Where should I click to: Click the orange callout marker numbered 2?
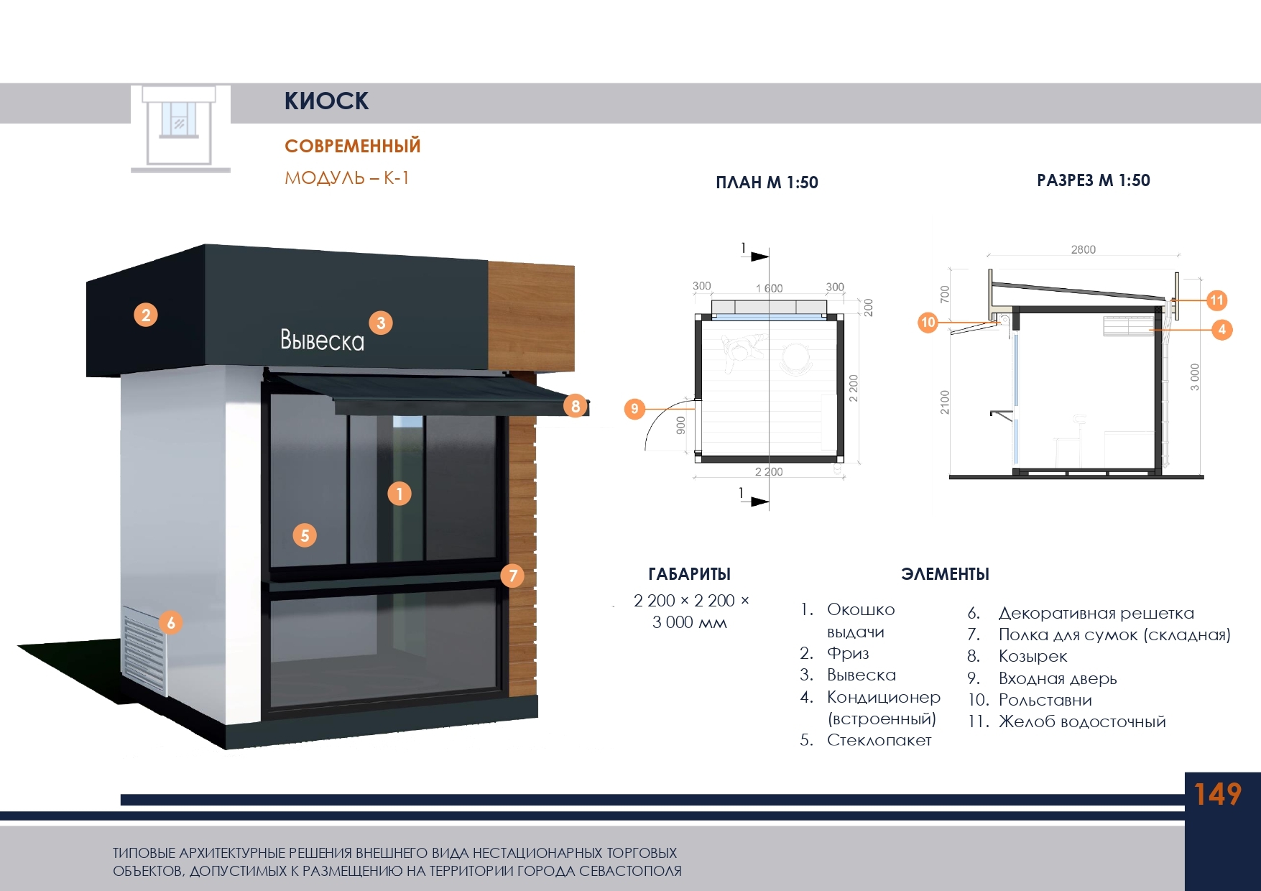coord(146,315)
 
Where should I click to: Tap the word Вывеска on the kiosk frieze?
coord(322,340)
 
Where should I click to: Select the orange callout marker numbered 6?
coord(171,622)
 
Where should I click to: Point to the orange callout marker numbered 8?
coord(576,406)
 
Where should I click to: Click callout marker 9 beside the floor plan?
coord(634,409)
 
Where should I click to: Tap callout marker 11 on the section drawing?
coord(1216,300)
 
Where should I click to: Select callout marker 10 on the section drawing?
coord(928,322)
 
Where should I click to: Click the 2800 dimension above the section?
coord(1083,249)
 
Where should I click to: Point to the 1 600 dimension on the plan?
coord(769,288)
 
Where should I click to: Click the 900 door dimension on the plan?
coord(680,425)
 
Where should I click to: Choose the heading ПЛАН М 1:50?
coord(767,183)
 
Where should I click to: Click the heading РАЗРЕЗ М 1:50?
coord(1093,180)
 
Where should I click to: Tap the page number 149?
coord(1217,794)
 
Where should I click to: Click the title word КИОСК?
coord(326,101)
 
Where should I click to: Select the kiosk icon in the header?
coord(180,128)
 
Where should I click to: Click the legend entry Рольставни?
coord(1045,700)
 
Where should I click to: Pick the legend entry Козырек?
coord(1033,656)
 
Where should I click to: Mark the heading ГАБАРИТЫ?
coord(689,574)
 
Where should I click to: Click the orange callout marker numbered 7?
coord(512,575)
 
